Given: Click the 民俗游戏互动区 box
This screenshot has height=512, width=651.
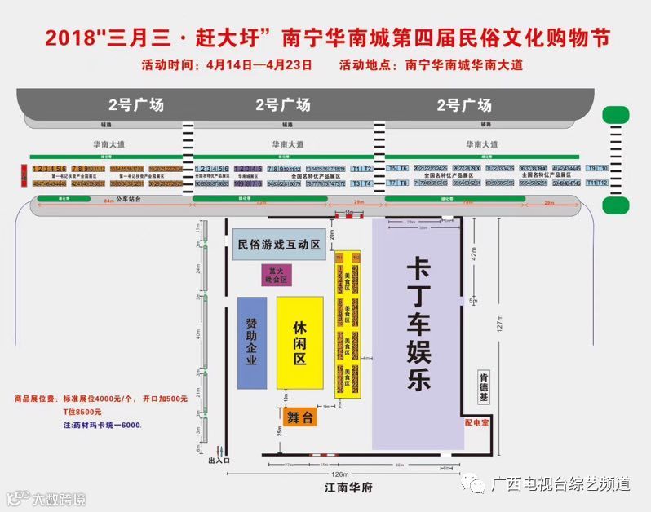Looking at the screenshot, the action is pyautogui.click(x=278, y=244).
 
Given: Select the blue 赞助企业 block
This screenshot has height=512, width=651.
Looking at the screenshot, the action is pyautogui.click(x=252, y=342).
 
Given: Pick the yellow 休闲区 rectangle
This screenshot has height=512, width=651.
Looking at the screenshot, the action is pyautogui.click(x=299, y=342).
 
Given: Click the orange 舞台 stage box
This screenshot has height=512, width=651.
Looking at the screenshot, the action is pyautogui.click(x=300, y=417).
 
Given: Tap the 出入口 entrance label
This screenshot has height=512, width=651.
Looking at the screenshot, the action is pyautogui.click(x=219, y=461).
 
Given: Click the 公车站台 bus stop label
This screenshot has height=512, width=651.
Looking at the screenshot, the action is pyautogui.click(x=127, y=198).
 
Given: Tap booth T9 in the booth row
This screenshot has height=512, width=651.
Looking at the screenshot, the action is pyautogui.click(x=591, y=168).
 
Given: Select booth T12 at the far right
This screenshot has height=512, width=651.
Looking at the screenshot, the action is pyautogui.click(x=604, y=183).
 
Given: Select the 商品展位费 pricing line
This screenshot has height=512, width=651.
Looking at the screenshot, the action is pyautogui.click(x=100, y=399).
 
